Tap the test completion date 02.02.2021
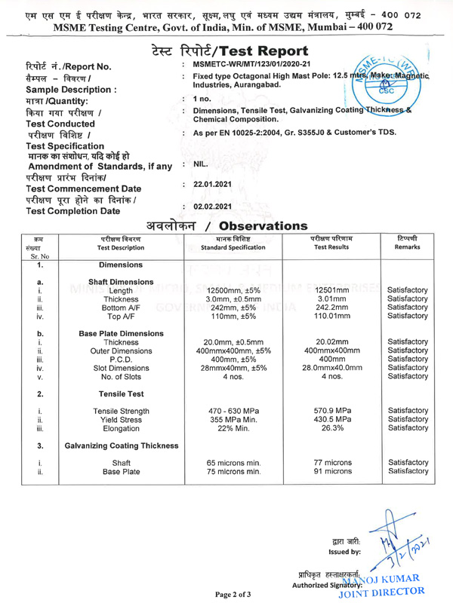tap(217, 206)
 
